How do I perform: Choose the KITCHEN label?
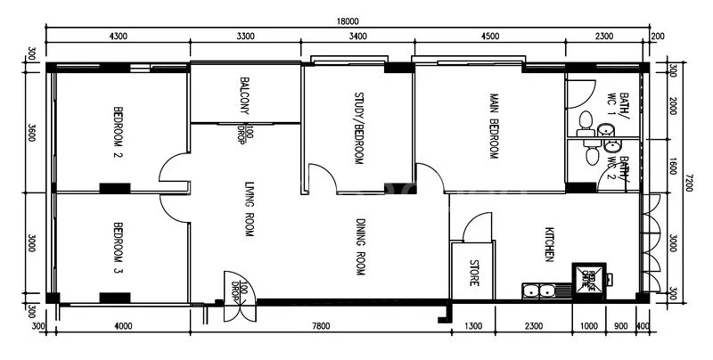[x=550, y=242]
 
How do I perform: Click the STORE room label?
[x=473, y=272]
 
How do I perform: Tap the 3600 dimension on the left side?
[x=32, y=133]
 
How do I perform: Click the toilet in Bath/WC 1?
[x=586, y=121]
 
